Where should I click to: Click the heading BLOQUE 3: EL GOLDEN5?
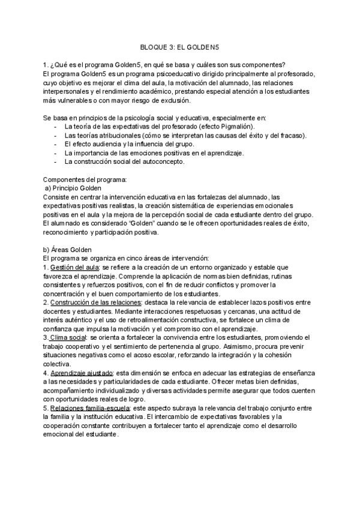point(180,46)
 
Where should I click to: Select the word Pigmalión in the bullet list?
point(235,127)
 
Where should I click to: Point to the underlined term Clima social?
point(69,338)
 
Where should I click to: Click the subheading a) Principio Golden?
point(73,188)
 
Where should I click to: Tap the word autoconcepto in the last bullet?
point(163,161)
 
